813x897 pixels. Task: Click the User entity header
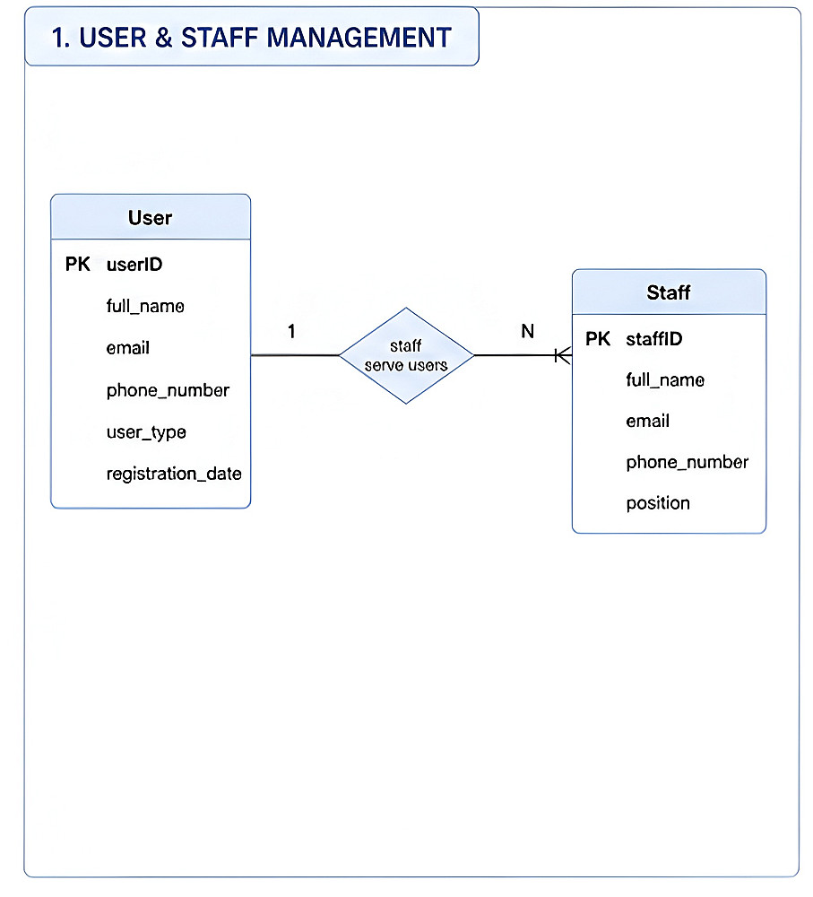(151, 217)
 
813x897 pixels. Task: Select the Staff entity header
(669, 292)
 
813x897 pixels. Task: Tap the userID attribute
(134, 265)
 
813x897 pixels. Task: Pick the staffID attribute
(654, 339)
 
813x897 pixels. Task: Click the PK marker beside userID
(78, 265)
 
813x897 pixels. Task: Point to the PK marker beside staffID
(598, 339)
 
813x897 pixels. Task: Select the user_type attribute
(146, 432)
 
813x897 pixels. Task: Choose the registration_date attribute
(174, 474)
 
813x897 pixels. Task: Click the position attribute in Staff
(658, 503)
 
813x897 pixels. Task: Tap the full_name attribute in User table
(145, 306)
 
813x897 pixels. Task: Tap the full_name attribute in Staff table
(665, 379)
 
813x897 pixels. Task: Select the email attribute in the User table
(128, 348)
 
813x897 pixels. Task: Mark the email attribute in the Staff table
(648, 421)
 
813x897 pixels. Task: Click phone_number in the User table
(168, 391)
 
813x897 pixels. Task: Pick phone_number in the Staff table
(688, 462)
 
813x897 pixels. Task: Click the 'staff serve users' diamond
(407, 356)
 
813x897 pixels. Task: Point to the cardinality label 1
(291, 331)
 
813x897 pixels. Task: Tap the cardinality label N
(528, 331)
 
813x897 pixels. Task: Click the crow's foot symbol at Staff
(563, 356)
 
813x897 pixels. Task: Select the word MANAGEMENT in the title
(359, 38)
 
